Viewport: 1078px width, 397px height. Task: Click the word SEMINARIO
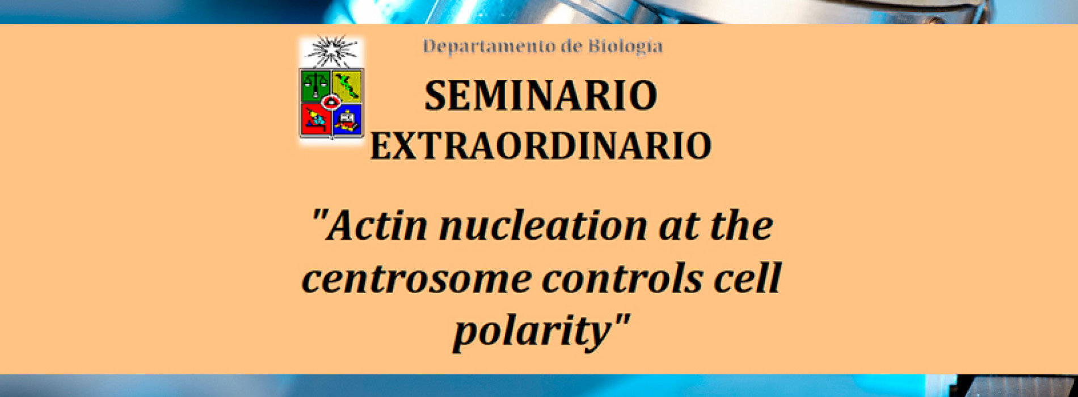click(x=541, y=96)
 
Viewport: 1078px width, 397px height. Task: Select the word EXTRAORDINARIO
click(x=541, y=146)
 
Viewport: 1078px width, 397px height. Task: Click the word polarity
click(x=530, y=331)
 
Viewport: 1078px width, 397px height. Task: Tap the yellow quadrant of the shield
click(x=347, y=86)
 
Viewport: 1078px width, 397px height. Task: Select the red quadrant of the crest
click(x=315, y=119)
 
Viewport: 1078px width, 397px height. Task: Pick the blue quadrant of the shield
click(x=347, y=120)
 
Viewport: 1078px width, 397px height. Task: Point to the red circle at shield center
click(x=330, y=102)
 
